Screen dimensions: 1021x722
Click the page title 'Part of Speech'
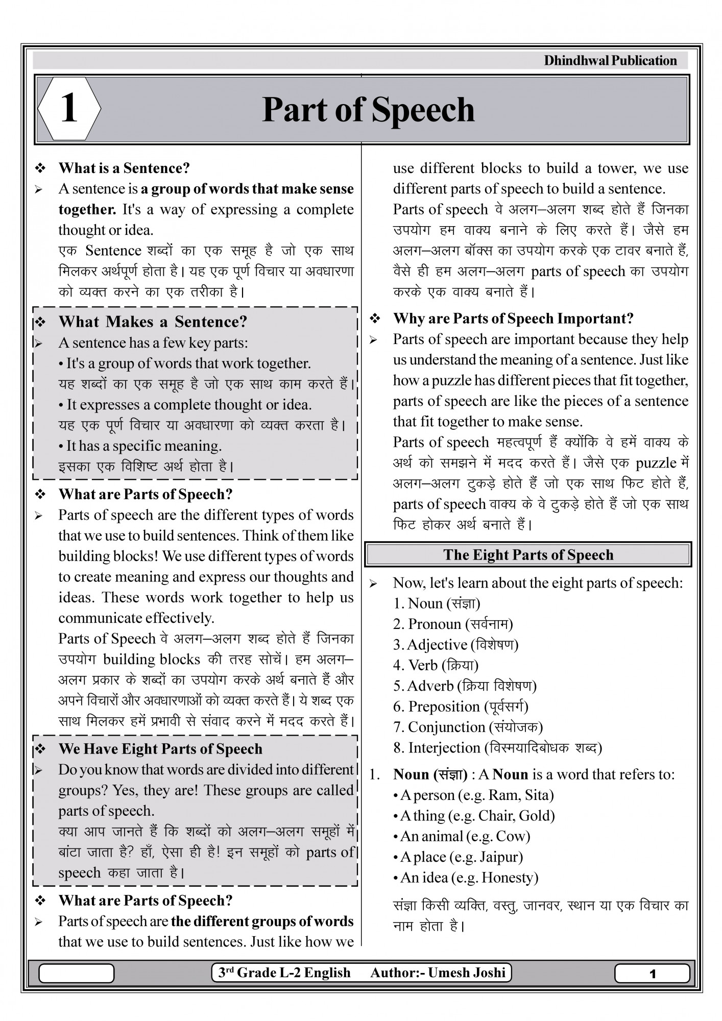click(368, 110)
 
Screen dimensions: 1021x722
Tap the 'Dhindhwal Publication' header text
click(610, 61)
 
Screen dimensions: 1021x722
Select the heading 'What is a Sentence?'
click(124, 168)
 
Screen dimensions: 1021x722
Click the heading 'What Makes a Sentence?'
click(153, 322)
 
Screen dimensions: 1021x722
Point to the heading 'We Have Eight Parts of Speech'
click(160, 749)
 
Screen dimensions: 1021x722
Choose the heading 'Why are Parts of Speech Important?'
click(513, 319)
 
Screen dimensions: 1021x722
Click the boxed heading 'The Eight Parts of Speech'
click(528, 555)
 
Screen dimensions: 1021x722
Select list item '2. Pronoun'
click(453, 624)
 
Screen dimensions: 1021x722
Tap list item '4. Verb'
click(436, 665)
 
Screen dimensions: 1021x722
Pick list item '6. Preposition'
click(461, 707)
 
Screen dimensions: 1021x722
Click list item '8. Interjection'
click(497, 748)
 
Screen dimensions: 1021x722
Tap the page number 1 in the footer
click(652, 974)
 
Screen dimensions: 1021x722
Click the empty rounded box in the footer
click(77, 974)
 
